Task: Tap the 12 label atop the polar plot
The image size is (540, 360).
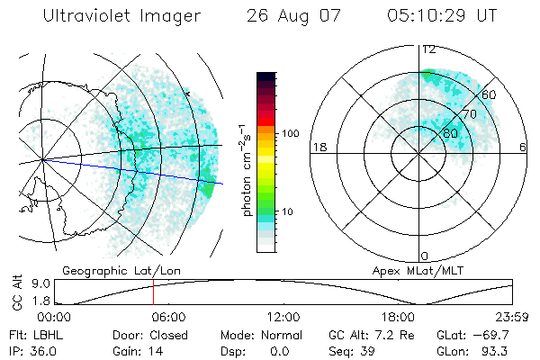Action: (429, 49)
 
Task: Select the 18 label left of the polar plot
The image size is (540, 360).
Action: (318, 148)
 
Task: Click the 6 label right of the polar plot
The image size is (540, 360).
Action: (523, 148)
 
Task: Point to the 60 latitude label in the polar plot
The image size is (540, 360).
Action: (490, 94)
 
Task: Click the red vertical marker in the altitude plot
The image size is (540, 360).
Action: (153, 292)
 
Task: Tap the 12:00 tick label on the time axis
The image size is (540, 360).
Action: (283, 317)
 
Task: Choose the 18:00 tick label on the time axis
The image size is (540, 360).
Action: (399, 317)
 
